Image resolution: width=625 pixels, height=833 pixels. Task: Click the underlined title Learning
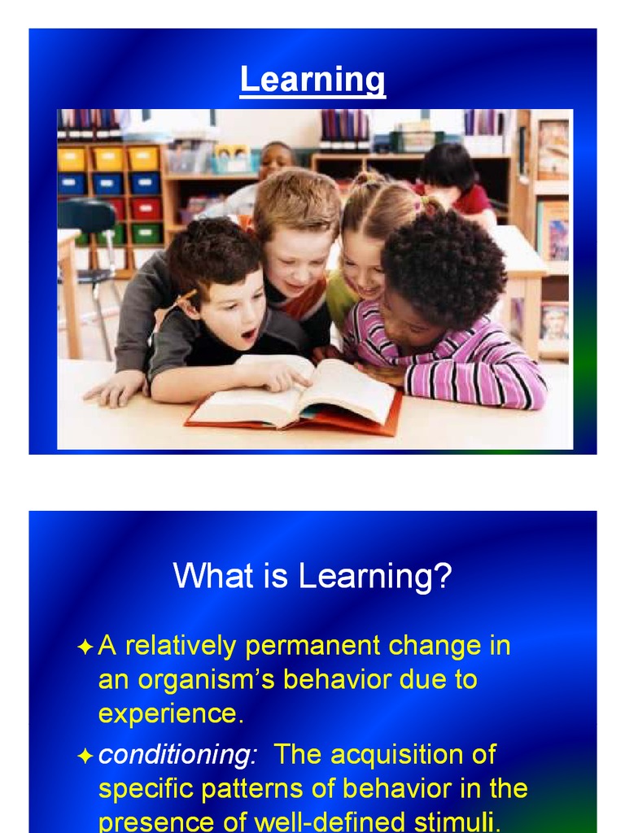[x=312, y=80]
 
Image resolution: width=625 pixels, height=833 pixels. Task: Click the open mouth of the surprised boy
[x=248, y=334]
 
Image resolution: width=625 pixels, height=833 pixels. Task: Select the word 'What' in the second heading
[x=204, y=578]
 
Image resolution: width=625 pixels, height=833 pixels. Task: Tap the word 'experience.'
[x=171, y=713]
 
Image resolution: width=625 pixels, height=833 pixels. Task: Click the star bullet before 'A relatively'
[x=85, y=648]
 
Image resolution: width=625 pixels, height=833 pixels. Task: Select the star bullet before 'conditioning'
[x=85, y=756]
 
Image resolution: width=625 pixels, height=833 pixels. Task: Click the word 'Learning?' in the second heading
[x=374, y=578]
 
